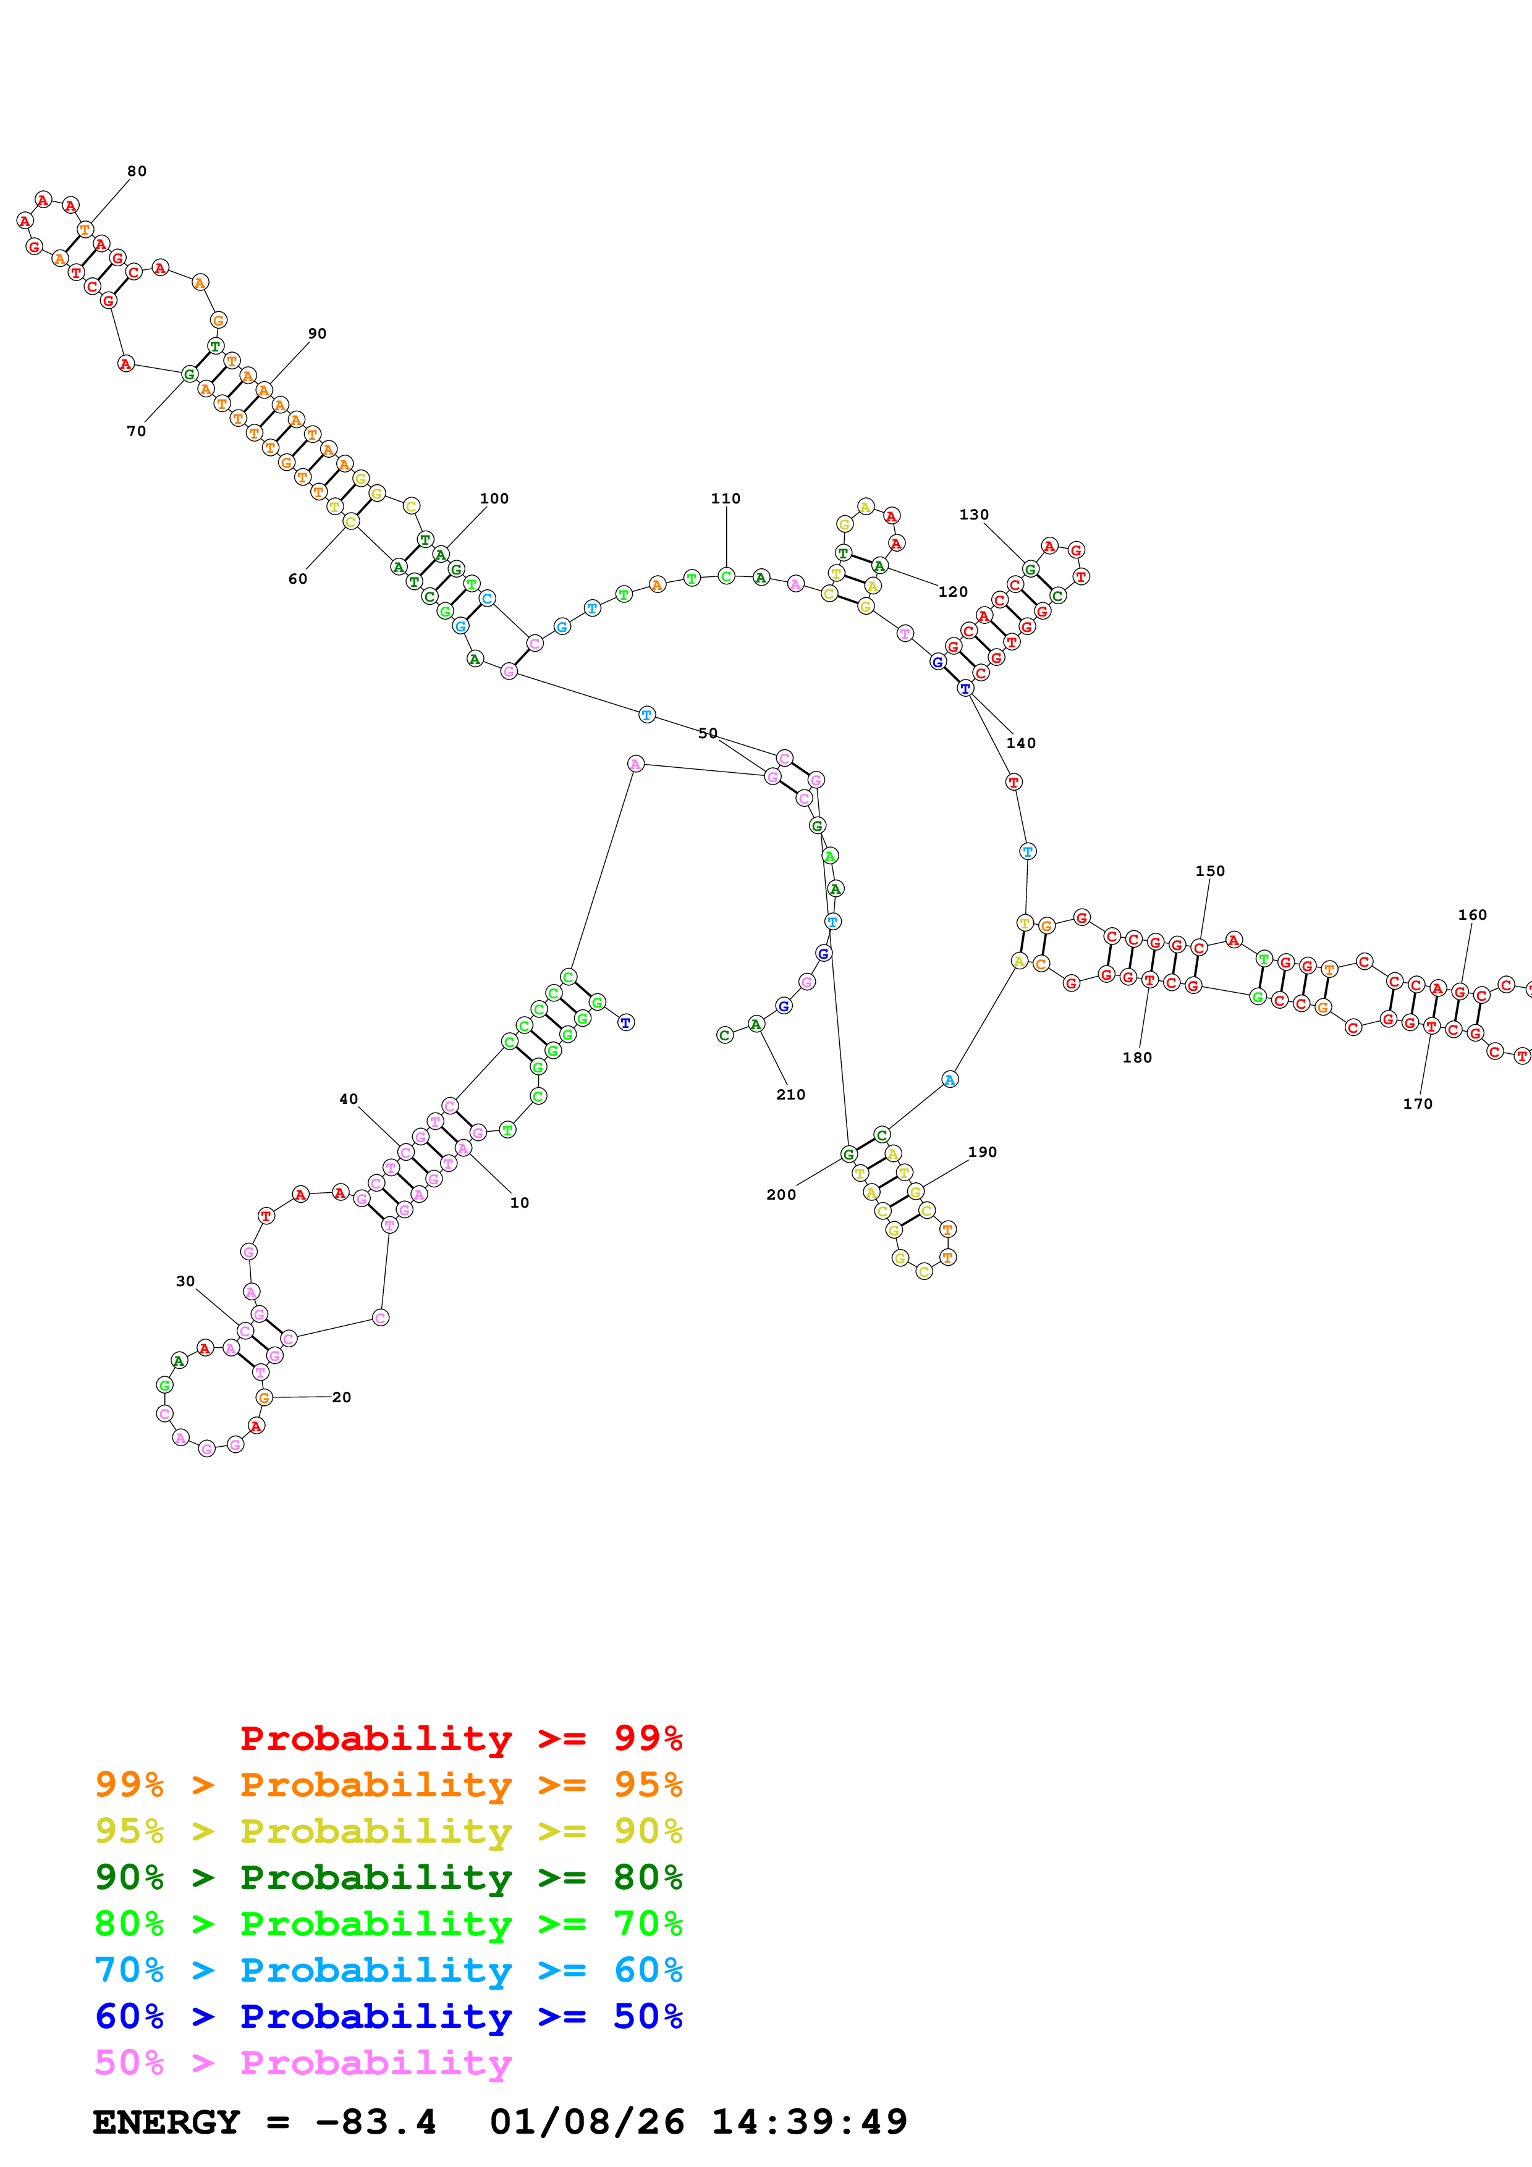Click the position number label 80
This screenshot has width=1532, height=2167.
point(137,171)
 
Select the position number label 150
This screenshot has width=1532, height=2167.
point(1209,871)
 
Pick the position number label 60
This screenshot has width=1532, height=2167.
point(297,579)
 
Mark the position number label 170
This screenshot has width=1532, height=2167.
point(1417,1103)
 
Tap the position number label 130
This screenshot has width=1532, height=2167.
point(973,515)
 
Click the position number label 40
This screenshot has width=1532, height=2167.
point(349,1098)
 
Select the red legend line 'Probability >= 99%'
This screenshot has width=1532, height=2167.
point(460,1738)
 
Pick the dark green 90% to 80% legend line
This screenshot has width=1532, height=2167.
point(388,1877)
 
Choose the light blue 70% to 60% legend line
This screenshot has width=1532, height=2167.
point(388,1970)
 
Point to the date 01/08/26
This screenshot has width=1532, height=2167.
point(586,2122)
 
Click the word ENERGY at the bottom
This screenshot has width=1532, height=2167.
point(166,2122)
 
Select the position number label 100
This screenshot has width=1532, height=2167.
point(494,499)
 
